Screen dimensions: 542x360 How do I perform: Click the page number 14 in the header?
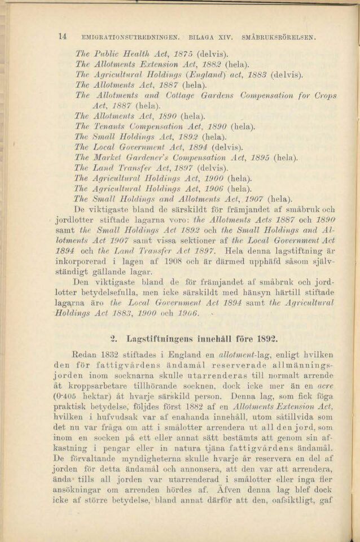[x=63, y=37]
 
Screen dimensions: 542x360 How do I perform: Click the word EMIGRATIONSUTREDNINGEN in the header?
[x=130, y=38]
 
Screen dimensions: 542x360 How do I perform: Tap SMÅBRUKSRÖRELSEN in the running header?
[x=278, y=38]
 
